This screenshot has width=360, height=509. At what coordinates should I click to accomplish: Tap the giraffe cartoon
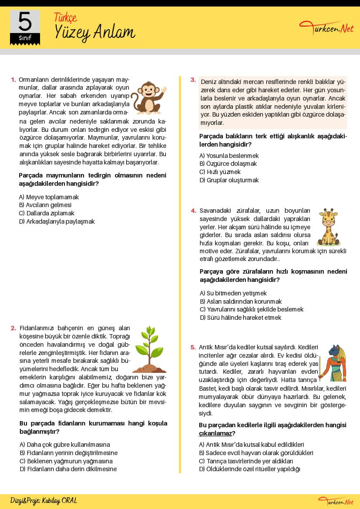[329, 227]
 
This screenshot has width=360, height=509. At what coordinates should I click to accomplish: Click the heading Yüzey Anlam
[95, 32]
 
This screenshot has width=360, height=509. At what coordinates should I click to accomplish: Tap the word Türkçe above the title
[65, 17]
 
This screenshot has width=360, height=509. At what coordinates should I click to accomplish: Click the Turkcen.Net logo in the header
[326, 29]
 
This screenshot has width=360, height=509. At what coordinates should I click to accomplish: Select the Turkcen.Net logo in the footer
[336, 502]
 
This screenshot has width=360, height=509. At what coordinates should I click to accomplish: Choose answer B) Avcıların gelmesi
[45, 205]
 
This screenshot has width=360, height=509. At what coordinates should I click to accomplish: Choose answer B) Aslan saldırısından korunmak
[241, 301]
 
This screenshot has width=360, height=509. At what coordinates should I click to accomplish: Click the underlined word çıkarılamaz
[215, 433]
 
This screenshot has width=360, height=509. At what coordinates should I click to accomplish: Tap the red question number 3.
[193, 80]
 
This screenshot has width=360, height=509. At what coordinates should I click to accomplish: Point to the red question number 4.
[193, 211]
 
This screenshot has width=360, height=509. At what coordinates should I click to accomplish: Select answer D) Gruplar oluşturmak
[229, 180]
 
